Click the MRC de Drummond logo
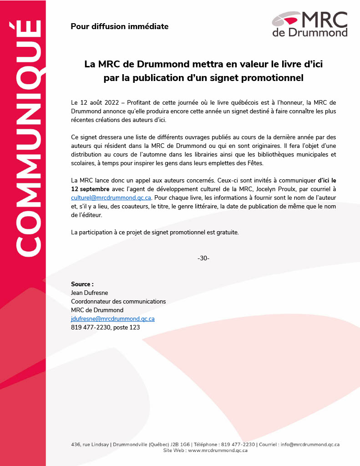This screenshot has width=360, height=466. tap(309, 24)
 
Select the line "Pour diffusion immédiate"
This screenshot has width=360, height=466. tap(119, 26)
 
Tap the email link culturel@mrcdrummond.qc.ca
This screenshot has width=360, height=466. tap(111, 198)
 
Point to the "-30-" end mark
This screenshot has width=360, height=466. tap(203, 258)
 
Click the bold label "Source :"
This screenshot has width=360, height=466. tap(82, 284)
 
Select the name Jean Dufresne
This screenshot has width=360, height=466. tap(90, 293)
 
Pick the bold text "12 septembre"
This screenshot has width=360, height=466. tap(90, 189)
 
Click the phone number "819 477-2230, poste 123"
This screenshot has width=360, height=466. tap(105, 327)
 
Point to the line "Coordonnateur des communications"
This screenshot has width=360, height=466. tap(118, 301)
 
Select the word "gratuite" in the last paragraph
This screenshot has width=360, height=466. tap(227, 232)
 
